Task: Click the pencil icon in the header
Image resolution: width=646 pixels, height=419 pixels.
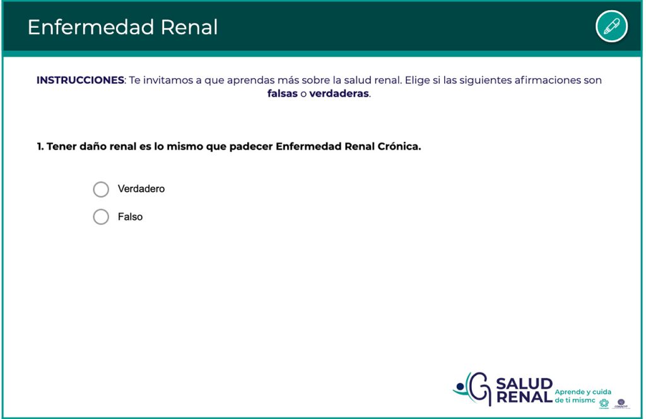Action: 611,27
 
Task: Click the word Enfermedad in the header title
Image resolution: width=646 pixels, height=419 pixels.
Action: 91,27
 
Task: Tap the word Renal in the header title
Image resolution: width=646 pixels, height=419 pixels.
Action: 189,27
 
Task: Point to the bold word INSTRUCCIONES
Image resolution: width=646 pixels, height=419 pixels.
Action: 80,80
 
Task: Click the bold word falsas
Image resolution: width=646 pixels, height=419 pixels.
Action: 282,93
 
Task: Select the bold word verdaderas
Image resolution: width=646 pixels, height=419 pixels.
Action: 339,93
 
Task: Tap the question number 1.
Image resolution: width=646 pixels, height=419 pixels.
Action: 40,146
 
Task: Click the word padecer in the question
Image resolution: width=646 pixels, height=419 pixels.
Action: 251,146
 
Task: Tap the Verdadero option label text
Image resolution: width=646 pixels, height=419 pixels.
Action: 141,189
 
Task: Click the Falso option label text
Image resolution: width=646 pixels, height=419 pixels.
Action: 130,216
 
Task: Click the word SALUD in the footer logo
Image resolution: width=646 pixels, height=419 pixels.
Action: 524,384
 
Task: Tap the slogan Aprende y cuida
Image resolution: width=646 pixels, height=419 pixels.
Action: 583,392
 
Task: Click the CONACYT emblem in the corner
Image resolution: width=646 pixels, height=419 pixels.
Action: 621,404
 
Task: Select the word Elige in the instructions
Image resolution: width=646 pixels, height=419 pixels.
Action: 417,80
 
